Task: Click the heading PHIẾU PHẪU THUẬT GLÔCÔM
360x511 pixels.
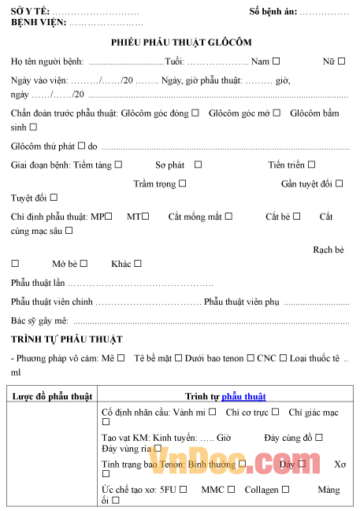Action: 182,42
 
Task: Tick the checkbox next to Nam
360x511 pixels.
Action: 276,61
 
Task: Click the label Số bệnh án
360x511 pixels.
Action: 273,12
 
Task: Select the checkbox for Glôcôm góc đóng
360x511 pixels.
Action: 195,113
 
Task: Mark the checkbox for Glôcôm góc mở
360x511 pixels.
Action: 276,113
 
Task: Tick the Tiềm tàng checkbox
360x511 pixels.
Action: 118,165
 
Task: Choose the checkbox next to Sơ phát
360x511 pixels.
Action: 198,165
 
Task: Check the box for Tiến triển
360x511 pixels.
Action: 312,165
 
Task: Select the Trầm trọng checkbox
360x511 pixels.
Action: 183,183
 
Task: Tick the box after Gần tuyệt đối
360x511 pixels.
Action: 340,183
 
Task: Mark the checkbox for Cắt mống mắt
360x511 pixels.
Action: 229,217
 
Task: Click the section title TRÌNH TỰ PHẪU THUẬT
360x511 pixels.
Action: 67,339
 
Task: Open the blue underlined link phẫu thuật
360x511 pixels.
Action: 243,396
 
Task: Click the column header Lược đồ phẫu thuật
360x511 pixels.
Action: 52,396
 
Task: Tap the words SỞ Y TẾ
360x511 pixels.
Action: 29,12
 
